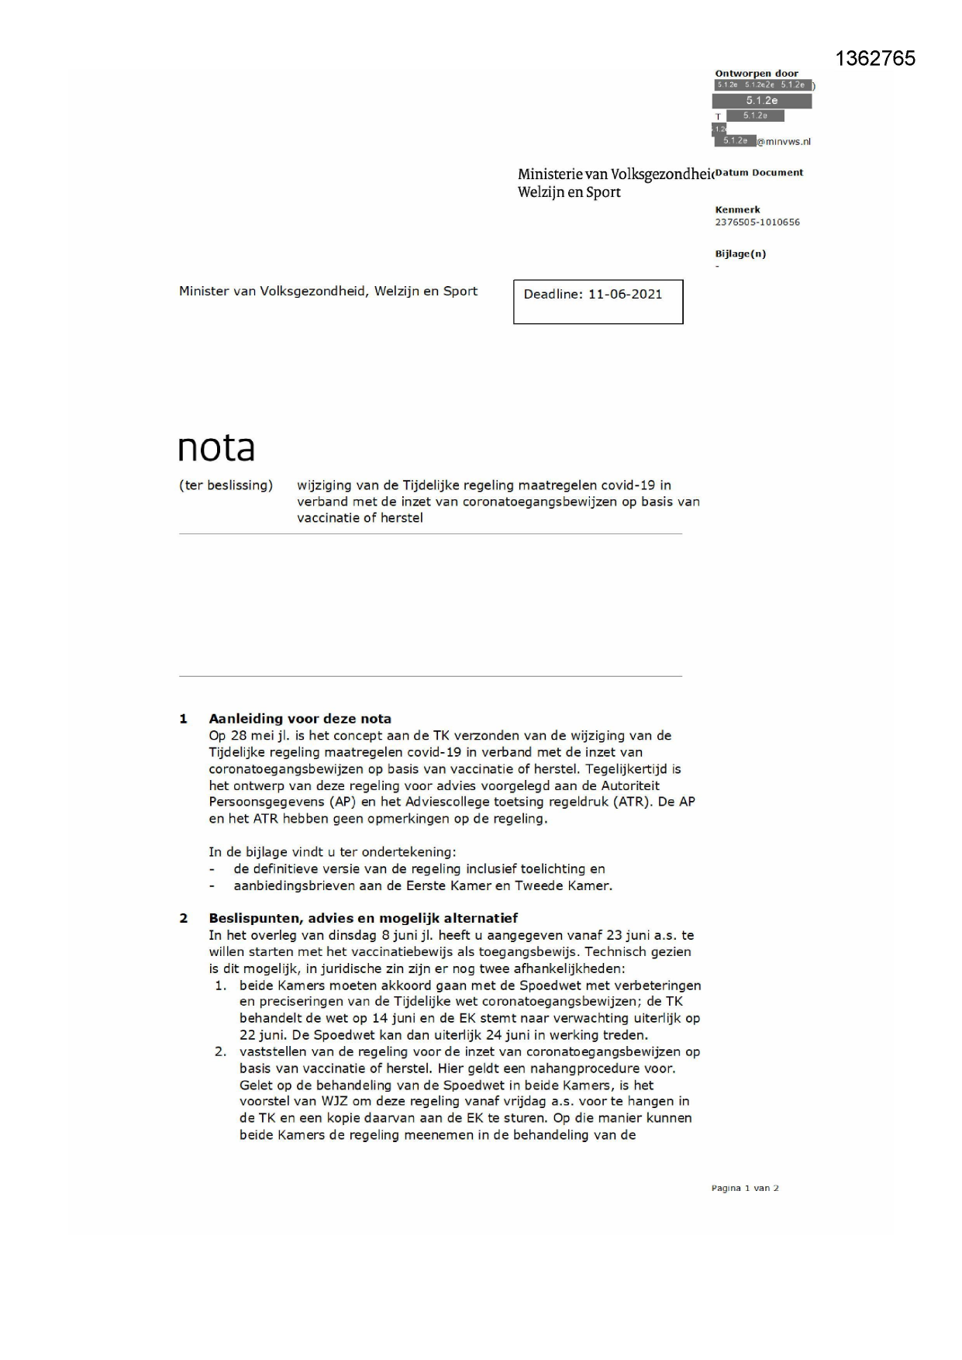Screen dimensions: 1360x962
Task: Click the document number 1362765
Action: click(x=875, y=59)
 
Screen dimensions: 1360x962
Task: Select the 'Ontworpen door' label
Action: click(x=756, y=74)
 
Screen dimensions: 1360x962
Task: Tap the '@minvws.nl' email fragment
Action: click(x=784, y=142)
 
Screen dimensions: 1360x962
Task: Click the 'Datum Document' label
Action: click(x=759, y=173)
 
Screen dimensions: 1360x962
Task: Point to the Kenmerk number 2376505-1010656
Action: click(x=757, y=223)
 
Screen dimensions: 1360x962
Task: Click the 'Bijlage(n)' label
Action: click(x=740, y=254)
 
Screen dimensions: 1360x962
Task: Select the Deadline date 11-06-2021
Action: click(x=625, y=295)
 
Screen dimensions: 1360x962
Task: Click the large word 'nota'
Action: click(x=216, y=447)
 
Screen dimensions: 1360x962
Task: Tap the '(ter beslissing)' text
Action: click(x=226, y=485)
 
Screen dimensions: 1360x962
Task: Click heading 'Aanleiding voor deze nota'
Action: click(x=299, y=719)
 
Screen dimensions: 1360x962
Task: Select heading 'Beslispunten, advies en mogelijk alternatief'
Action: click(x=363, y=918)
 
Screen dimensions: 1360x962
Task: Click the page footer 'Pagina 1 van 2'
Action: click(x=744, y=1188)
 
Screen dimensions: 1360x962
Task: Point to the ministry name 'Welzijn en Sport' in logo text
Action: click(x=569, y=192)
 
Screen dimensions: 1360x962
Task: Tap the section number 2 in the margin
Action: click(x=184, y=919)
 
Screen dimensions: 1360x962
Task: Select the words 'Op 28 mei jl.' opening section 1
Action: click(x=248, y=736)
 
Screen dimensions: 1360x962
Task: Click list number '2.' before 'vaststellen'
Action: click(x=221, y=1052)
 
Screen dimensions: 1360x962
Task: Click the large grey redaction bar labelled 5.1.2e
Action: click(x=761, y=101)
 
